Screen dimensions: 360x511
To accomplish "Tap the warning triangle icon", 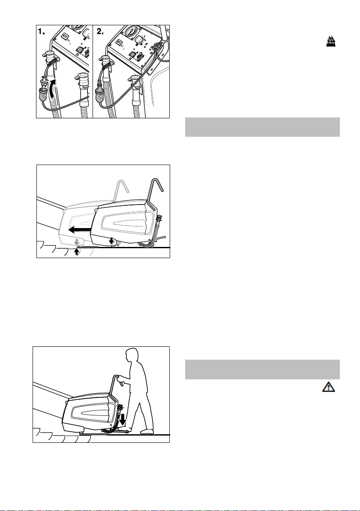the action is tap(329, 387).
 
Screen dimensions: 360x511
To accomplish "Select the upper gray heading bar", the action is tap(262, 127).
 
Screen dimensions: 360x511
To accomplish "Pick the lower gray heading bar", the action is tap(262, 370).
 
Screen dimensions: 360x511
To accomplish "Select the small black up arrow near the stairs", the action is tap(77, 252).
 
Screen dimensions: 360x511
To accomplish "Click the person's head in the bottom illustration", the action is tap(132, 355).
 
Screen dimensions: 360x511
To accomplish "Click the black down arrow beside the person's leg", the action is tap(123, 421).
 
